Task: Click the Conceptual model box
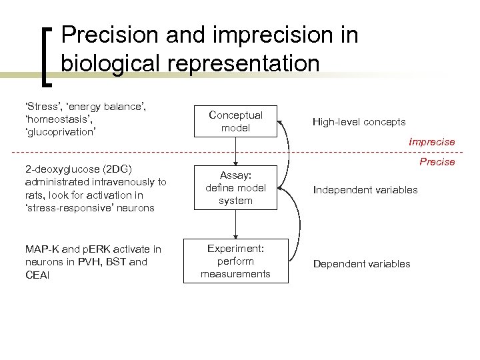pyautogui.click(x=235, y=121)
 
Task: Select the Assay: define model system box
pyautogui.click(x=235, y=187)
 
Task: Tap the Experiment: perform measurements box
pyautogui.click(x=235, y=261)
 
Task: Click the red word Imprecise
pyautogui.click(x=433, y=142)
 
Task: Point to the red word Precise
pyautogui.click(x=438, y=162)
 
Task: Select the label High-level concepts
pyautogui.click(x=359, y=122)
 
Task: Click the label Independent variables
pyautogui.click(x=366, y=190)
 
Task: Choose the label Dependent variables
pyautogui.click(x=362, y=264)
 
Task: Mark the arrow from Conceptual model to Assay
pyautogui.click(x=235, y=151)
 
